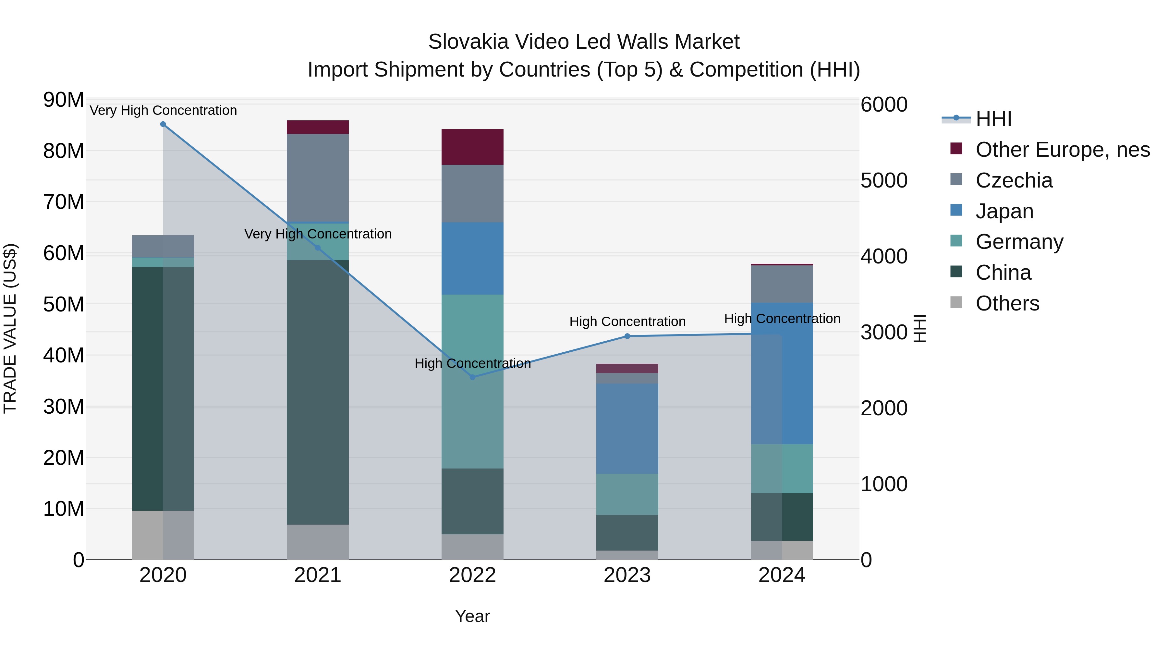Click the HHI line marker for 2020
coord(163,124)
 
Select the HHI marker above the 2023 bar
coord(627,336)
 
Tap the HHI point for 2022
coord(472,377)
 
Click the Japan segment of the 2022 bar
coord(472,259)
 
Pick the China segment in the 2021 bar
coord(317,392)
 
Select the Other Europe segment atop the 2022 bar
coord(472,147)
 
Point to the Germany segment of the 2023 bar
coord(627,494)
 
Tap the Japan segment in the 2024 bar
coord(782,373)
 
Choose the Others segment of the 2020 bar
coord(163,535)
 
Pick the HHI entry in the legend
coord(993,119)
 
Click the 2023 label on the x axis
coord(627,575)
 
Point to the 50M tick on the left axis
coord(64,304)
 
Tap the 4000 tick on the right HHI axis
coord(884,257)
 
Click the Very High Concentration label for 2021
coord(317,234)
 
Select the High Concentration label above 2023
coord(627,322)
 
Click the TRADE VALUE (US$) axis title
coord(10,328)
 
